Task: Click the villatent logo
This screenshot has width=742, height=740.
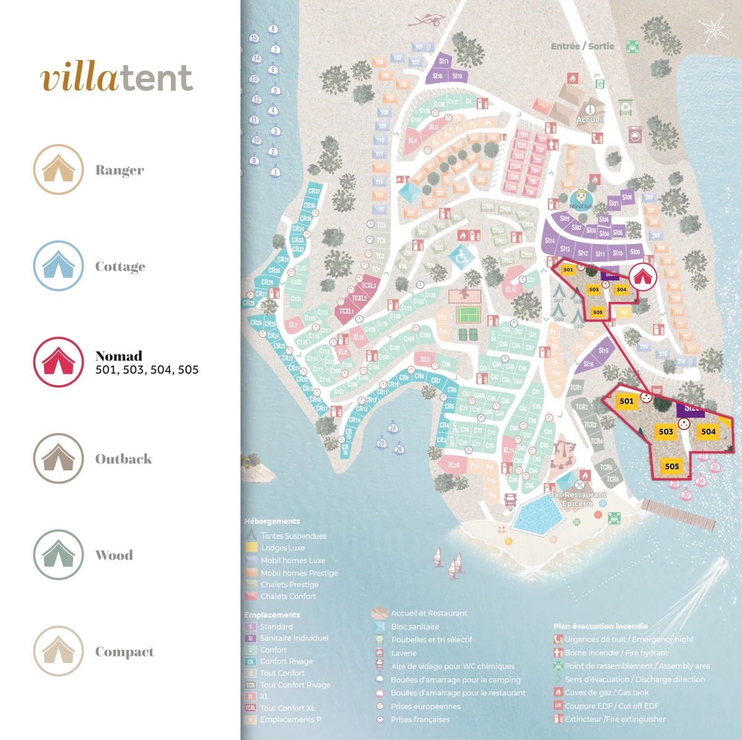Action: click(x=117, y=78)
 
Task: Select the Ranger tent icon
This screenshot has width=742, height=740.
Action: click(x=58, y=170)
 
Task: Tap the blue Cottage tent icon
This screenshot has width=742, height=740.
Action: click(x=58, y=266)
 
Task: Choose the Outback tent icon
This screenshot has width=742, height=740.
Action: click(x=58, y=458)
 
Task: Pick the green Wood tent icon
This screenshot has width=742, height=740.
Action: click(x=58, y=555)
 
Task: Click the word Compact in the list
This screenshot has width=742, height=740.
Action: click(x=124, y=652)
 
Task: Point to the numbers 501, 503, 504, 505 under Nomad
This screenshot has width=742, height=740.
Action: click(x=147, y=370)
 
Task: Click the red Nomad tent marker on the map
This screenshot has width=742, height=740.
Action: click(x=643, y=277)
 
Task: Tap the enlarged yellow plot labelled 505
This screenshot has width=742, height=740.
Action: click(x=672, y=467)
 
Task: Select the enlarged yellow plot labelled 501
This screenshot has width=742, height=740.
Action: click(x=626, y=401)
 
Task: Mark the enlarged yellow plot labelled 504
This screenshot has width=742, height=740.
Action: click(x=708, y=432)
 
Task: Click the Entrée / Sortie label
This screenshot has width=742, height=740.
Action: click(x=582, y=46)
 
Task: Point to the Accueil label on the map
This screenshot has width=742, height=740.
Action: click(x=589, y=119)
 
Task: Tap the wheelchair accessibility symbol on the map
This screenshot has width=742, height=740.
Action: click(x=462, y=256)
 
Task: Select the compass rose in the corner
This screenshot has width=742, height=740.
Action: click(x=713, y=28)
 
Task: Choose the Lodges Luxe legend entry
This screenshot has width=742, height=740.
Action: click(x=283, y=548)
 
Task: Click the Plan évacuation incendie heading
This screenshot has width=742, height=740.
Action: click(x=600, y=626)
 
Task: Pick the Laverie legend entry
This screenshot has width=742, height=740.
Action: click(x=404, y=653)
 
